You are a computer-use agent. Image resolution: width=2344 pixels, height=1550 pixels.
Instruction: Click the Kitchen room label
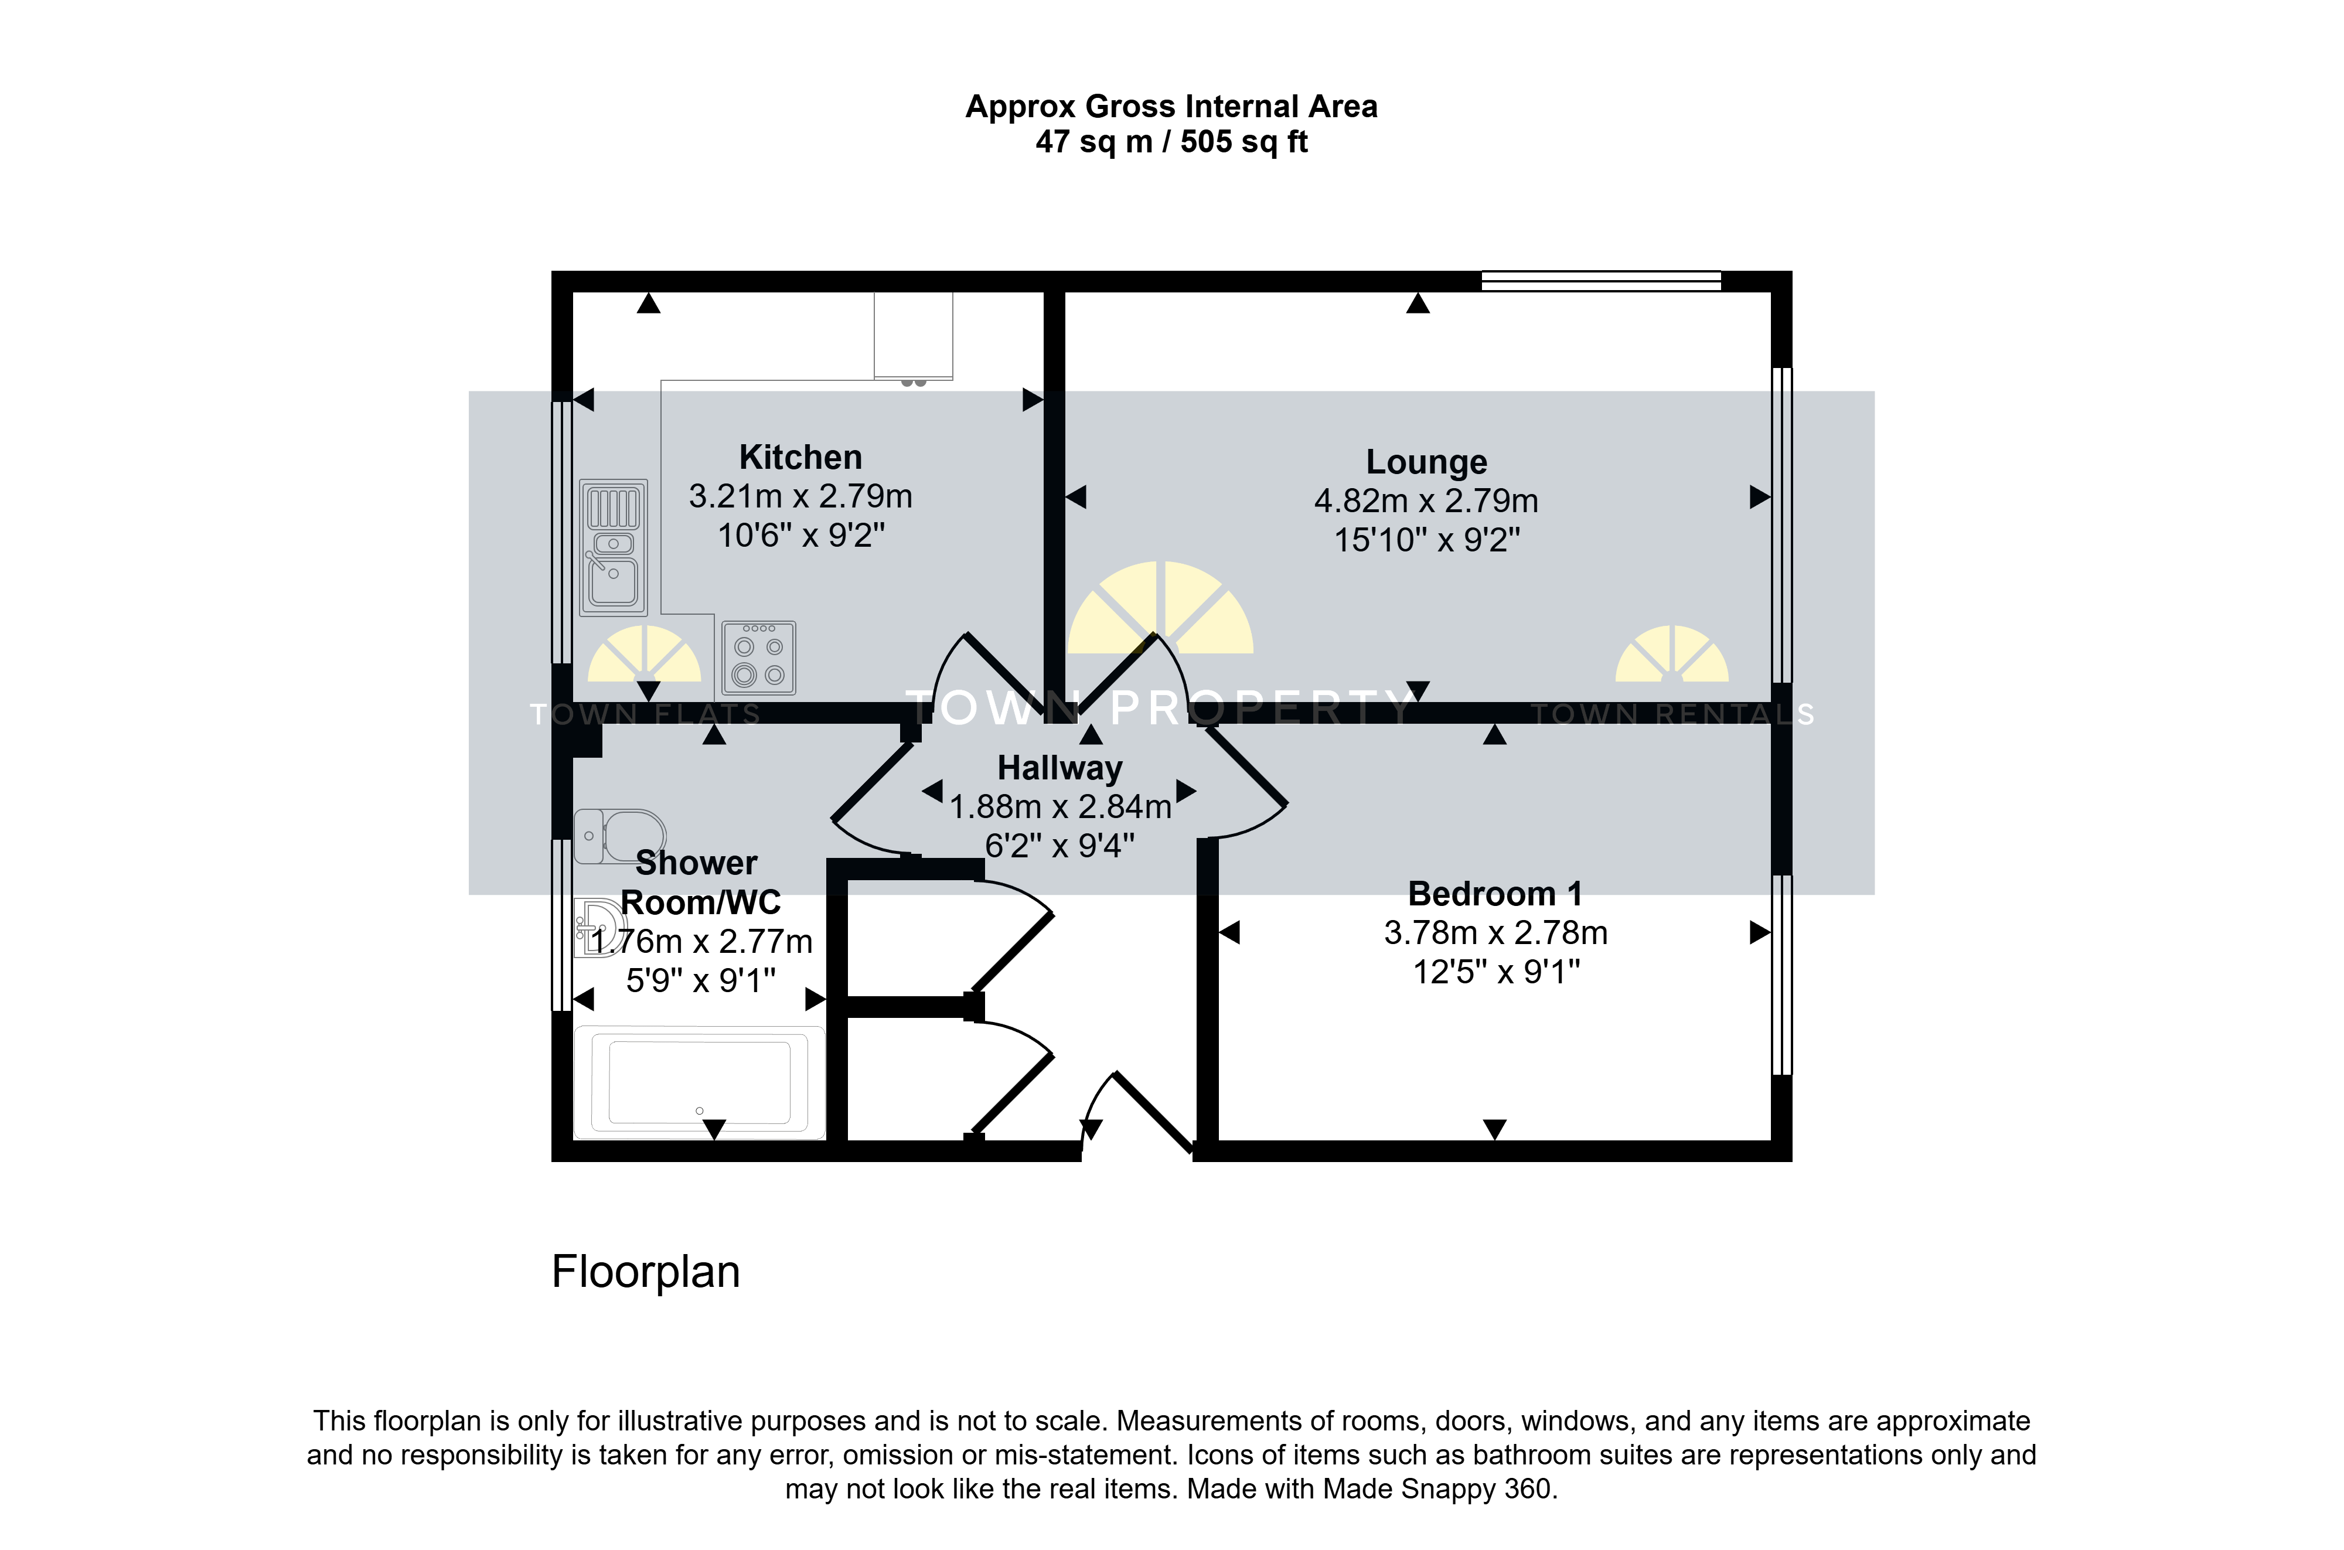[x=800, y=458]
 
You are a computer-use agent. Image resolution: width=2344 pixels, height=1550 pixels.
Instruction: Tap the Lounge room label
[x=1426, y=462]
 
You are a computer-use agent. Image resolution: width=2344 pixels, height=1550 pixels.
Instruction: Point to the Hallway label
[x=1059, y=769]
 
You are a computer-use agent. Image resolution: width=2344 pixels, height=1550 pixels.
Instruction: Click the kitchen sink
[x=614, y=548]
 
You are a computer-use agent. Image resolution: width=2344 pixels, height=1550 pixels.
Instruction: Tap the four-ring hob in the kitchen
[x=759, y=658]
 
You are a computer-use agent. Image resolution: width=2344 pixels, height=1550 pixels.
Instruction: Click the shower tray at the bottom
[x=700, y=1082]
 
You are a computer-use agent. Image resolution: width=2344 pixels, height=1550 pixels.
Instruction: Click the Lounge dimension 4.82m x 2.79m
[x=1426, y=501]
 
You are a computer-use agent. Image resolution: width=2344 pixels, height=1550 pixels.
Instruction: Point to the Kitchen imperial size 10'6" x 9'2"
[x=800, y=536]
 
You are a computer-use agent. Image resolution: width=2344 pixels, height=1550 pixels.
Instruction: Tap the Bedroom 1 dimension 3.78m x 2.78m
[x=1495, y=933]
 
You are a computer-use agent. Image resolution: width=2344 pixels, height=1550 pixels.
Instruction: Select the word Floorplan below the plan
[x=645, y=1272]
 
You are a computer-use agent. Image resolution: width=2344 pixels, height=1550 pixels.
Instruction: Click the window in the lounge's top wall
[x=1601, y=281]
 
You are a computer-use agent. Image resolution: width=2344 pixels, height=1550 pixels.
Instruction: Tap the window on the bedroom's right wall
[x=1781, y=974]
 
